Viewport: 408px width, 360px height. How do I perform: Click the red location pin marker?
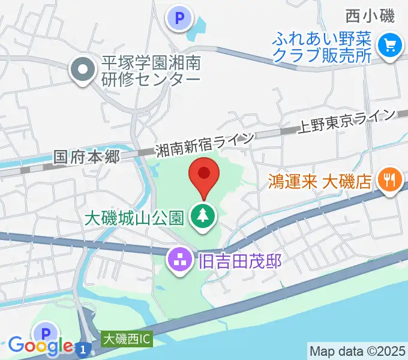(203, 175)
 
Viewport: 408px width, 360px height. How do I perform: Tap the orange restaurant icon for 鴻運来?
(389, 181)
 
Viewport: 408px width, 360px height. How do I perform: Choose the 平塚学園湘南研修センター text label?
(152, 70)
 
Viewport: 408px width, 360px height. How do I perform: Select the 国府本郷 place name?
(88, 157)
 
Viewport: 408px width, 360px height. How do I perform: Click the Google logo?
(40, 346)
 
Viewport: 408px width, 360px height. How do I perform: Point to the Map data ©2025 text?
(357, 350)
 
